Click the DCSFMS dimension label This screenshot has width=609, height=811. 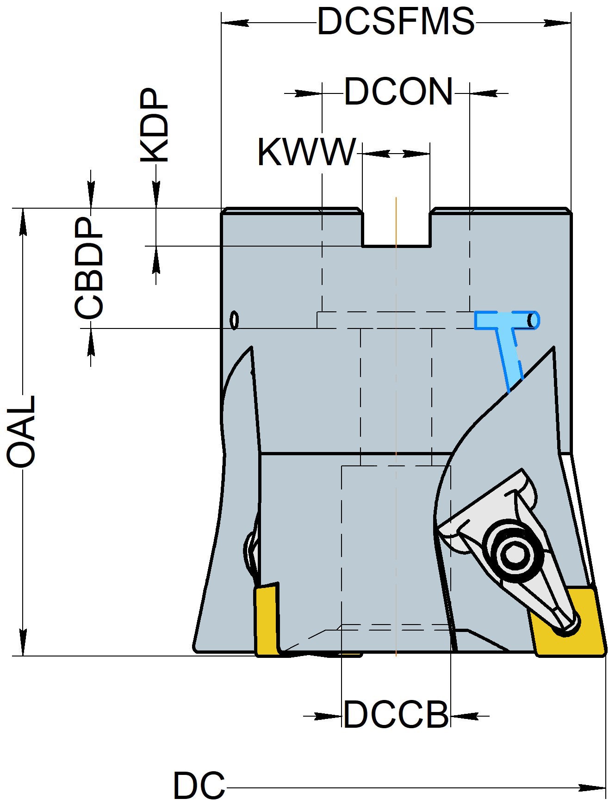396,21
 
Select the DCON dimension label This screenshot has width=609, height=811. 398,92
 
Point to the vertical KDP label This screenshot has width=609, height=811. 155,125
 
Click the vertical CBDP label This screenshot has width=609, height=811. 89,268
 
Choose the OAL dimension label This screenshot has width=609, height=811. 21,430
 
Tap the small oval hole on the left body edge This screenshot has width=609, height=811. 235,320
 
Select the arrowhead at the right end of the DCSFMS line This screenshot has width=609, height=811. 557,22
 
